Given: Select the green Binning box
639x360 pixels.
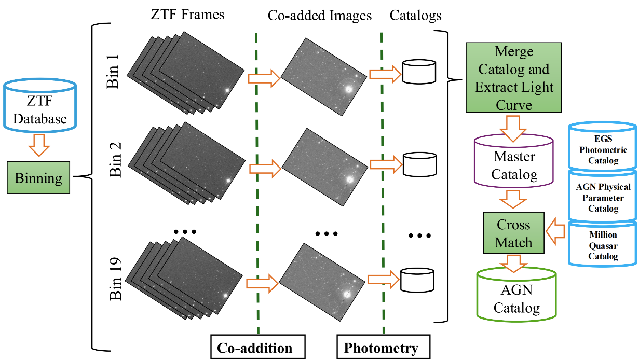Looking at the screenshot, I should click(x=38, y=178).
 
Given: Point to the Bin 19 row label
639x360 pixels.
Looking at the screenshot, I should click(x=115, y=279).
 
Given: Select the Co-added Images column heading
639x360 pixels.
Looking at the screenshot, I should click(x=320, y=16).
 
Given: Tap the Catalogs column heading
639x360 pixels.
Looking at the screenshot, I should click(x=415, y=16).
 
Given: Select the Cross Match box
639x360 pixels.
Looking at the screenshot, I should click(x=513, y=233).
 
